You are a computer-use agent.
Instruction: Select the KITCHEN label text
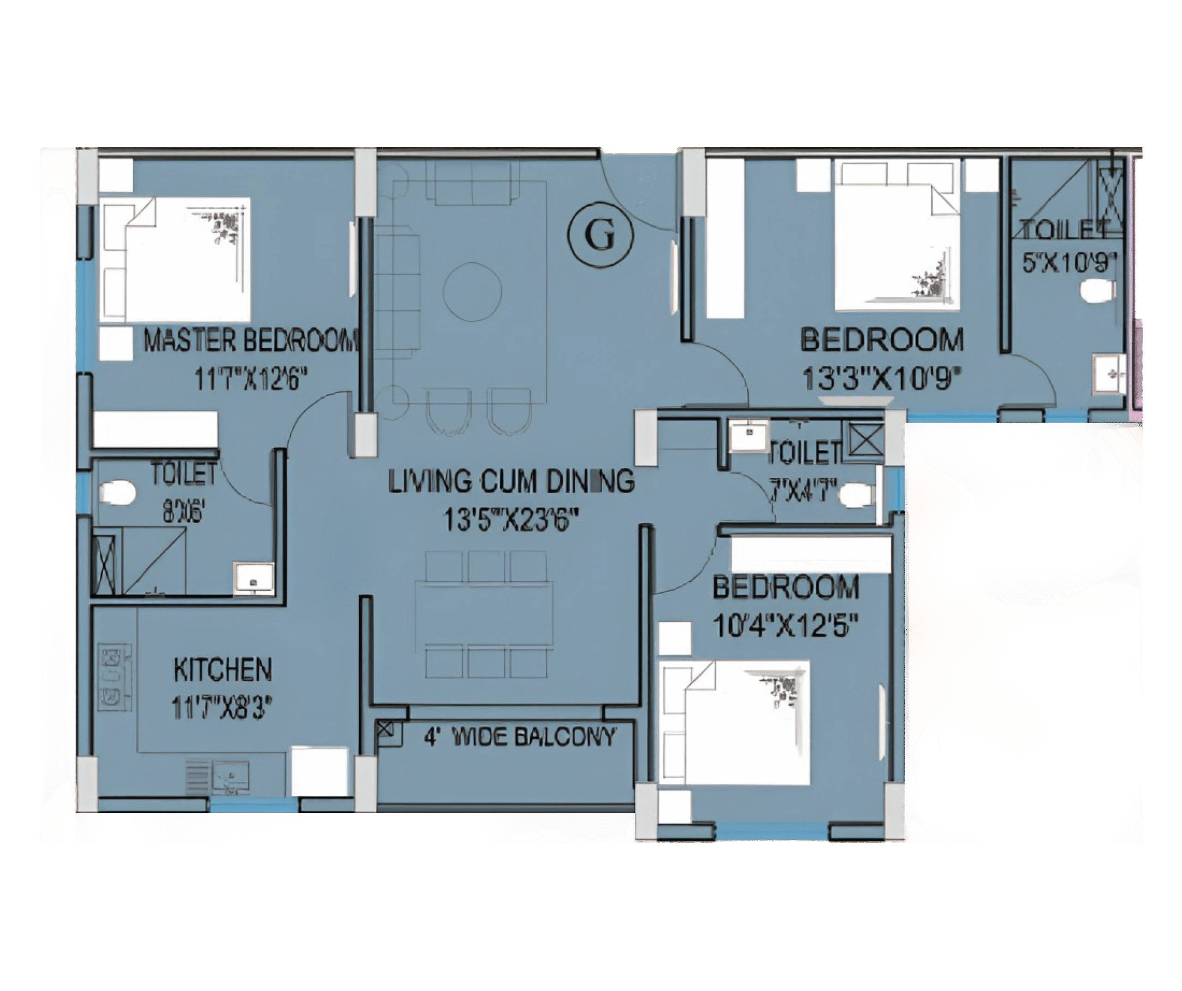point(223,670)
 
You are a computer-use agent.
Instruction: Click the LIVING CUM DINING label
point(511,482)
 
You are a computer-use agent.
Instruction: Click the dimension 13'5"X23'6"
point(511,520)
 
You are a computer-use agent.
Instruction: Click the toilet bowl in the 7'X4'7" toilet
point(856,496)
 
